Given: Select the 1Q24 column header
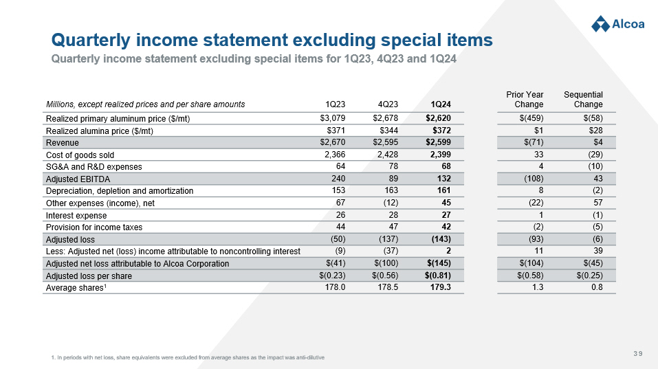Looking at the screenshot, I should [x=441, y=104].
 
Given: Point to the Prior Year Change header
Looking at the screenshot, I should [x=525, y=99].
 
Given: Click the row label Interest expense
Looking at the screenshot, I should [x=76, y=215].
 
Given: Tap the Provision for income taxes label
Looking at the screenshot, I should [x=94, y=227].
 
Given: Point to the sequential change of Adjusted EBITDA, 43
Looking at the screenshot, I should [x=597, y=179].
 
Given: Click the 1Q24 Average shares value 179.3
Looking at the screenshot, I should [x=440, y=288].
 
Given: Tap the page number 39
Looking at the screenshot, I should [x=638, y=354].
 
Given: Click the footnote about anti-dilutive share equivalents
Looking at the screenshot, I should [x=188, y=358].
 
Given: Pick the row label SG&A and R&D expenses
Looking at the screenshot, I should [x=94, y=167].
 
